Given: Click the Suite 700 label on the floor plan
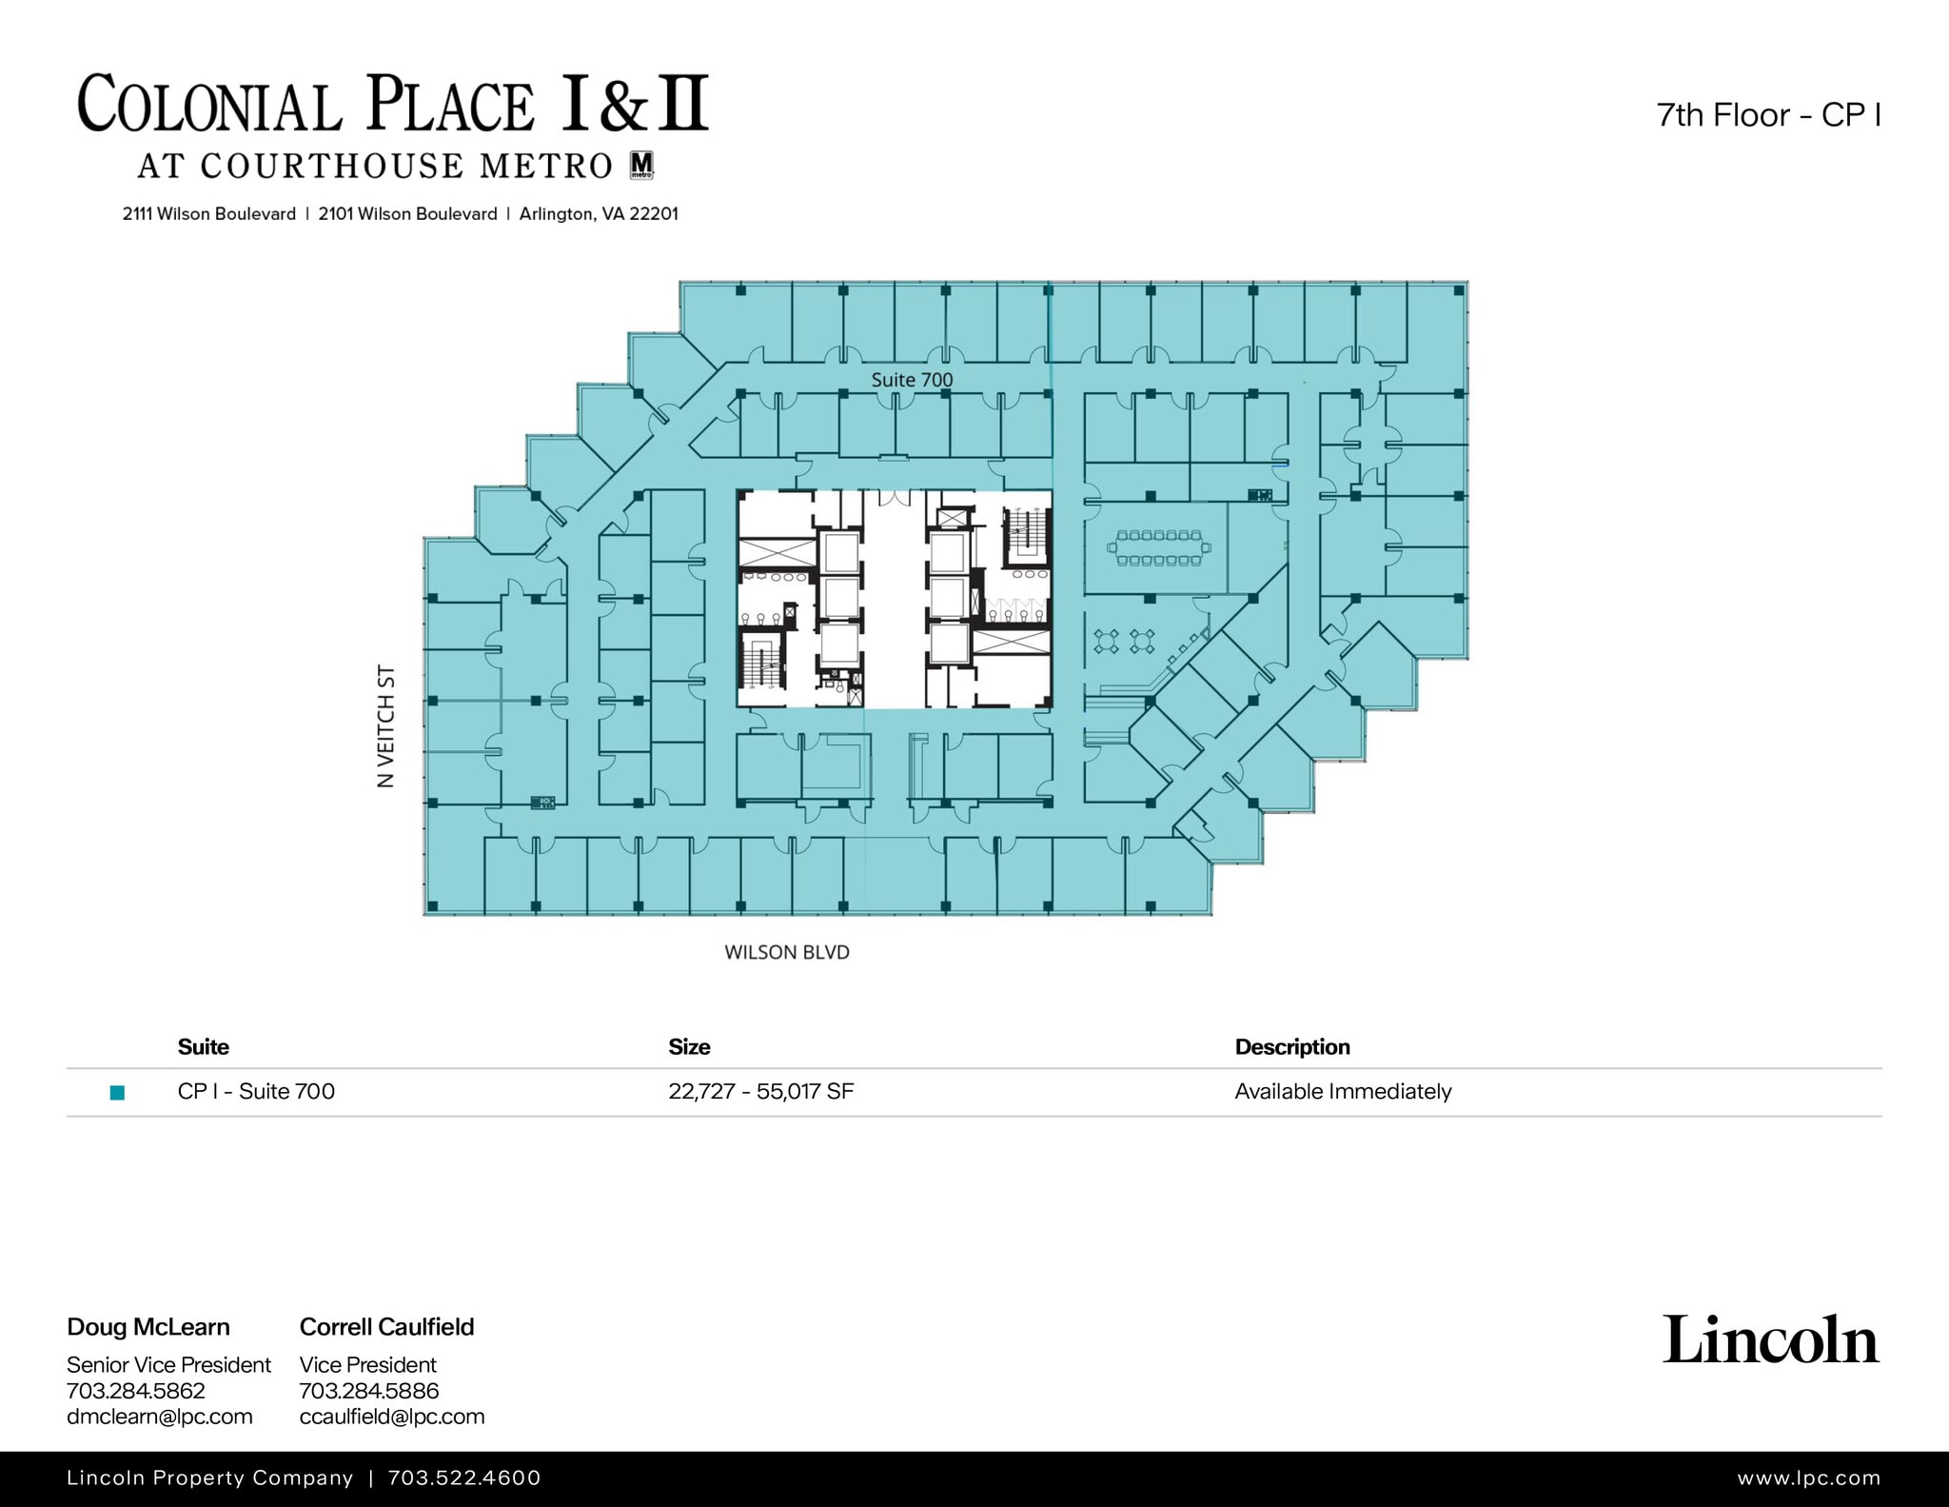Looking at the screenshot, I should point(912,380).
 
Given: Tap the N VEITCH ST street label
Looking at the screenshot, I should point(385,726).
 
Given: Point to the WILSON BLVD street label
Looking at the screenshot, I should point(786,952).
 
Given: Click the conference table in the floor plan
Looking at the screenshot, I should point(1159,547).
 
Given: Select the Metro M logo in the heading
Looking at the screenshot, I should point(642,165).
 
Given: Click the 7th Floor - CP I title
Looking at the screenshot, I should point(1768,115).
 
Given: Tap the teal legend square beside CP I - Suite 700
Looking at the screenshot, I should point(118,1092).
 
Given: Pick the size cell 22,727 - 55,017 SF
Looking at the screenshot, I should point(760,1091).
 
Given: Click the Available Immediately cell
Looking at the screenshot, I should point(1343,1091).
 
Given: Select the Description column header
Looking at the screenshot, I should point(1291,1046).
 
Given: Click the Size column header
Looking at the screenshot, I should point(689,1046).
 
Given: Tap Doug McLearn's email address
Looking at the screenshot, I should point(160,1416).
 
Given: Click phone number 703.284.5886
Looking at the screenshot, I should point(369,1390).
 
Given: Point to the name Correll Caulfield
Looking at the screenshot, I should point(386,1326).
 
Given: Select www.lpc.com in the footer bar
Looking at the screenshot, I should point(1808,1477).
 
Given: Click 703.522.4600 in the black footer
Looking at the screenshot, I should point(464,1477).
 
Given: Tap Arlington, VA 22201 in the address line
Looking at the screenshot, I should point(599,214).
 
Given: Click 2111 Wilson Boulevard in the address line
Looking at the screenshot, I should point(209,214).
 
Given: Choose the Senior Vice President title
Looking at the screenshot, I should point(168,1364).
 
